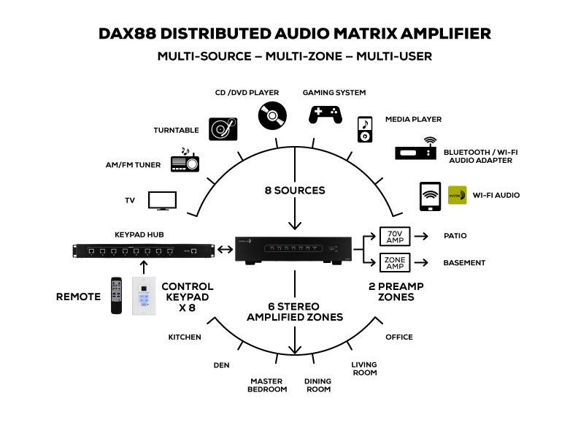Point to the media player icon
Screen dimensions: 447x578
(x=365, y=129)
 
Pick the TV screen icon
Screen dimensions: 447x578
(x=163, y=200)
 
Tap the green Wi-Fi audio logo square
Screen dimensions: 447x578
(x=457, y=195)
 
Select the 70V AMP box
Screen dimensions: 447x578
(x=396, y=236)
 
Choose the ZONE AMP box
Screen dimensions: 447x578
(x=396, y=262)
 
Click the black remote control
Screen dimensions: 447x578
(x=117, y=295)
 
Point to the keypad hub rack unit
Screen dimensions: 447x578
(x=144, y=251)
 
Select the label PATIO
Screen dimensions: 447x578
(x=455, y=236)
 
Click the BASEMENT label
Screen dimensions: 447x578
(x=464, y=262)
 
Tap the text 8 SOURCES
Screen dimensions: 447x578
(x=295, y=190)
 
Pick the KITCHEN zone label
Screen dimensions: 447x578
(x=185, y=337)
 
